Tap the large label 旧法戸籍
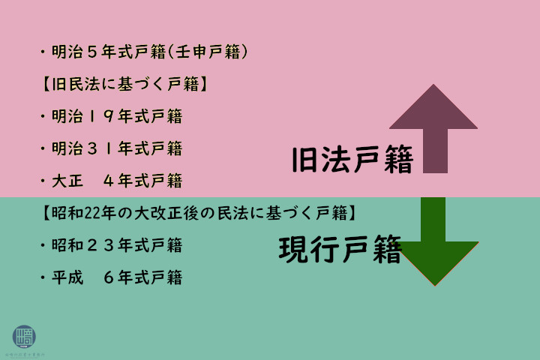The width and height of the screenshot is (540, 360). [352, 160]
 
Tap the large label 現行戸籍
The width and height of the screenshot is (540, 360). [340, 250]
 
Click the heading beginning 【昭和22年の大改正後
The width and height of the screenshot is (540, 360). [196, 213]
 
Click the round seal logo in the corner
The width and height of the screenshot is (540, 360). [24, 336]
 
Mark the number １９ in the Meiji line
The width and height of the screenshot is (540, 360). [100, 116]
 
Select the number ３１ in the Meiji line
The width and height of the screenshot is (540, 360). [100, 148]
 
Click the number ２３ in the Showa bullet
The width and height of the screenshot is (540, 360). [100, 245]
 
